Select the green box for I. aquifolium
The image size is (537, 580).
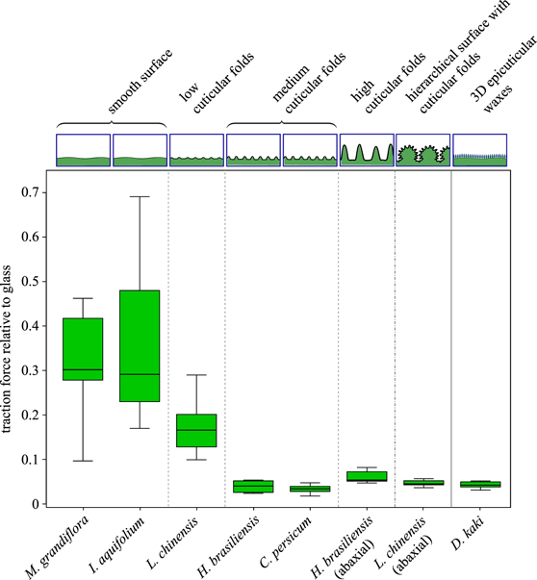tap(140, 345)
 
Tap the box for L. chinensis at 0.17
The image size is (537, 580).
tap(196, 430)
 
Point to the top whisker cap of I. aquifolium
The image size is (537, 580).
tap(140, 196)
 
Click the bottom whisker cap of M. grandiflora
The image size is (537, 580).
tap(82, 461)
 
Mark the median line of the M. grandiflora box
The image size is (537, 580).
tap(82, 369)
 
